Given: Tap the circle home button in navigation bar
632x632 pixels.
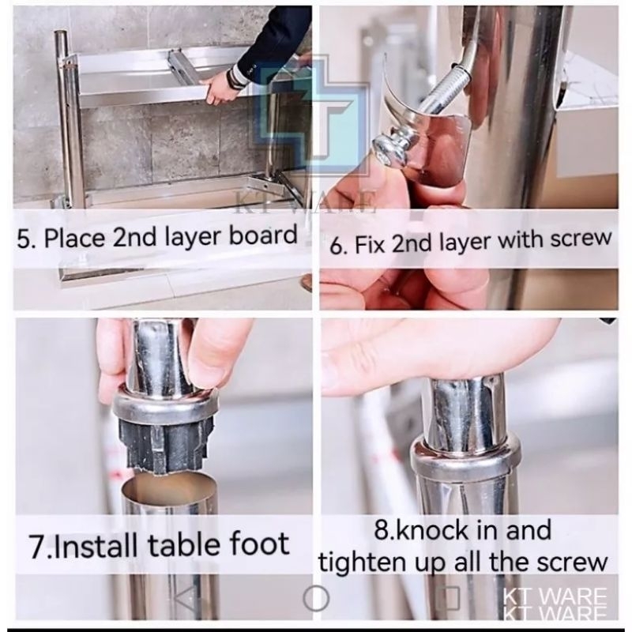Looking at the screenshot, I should (x=316, y=598).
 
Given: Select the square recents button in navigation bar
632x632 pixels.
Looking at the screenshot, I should (x=448, y=598).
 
